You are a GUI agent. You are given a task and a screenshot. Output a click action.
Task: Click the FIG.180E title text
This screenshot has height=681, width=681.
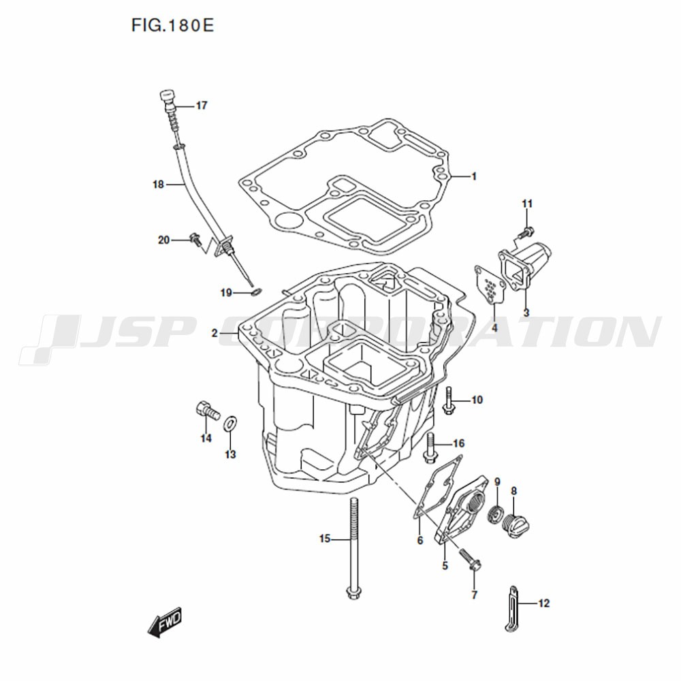point(173,26)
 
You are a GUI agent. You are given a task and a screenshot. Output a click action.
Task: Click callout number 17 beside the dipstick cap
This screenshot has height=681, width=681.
point(202,106)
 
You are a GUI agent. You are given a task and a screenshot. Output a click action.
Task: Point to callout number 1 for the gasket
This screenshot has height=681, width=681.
point(474,176)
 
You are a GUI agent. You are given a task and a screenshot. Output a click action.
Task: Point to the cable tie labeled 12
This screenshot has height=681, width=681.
point(513,608)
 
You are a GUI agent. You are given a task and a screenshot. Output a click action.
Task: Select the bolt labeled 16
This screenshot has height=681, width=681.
point(430,447)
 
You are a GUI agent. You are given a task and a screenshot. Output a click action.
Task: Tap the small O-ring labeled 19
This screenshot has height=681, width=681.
point(256,292)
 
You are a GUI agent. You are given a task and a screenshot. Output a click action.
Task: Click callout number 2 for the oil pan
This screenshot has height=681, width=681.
point(215,334)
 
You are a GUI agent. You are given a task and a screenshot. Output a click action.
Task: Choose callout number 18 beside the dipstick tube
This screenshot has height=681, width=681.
point(158,185)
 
